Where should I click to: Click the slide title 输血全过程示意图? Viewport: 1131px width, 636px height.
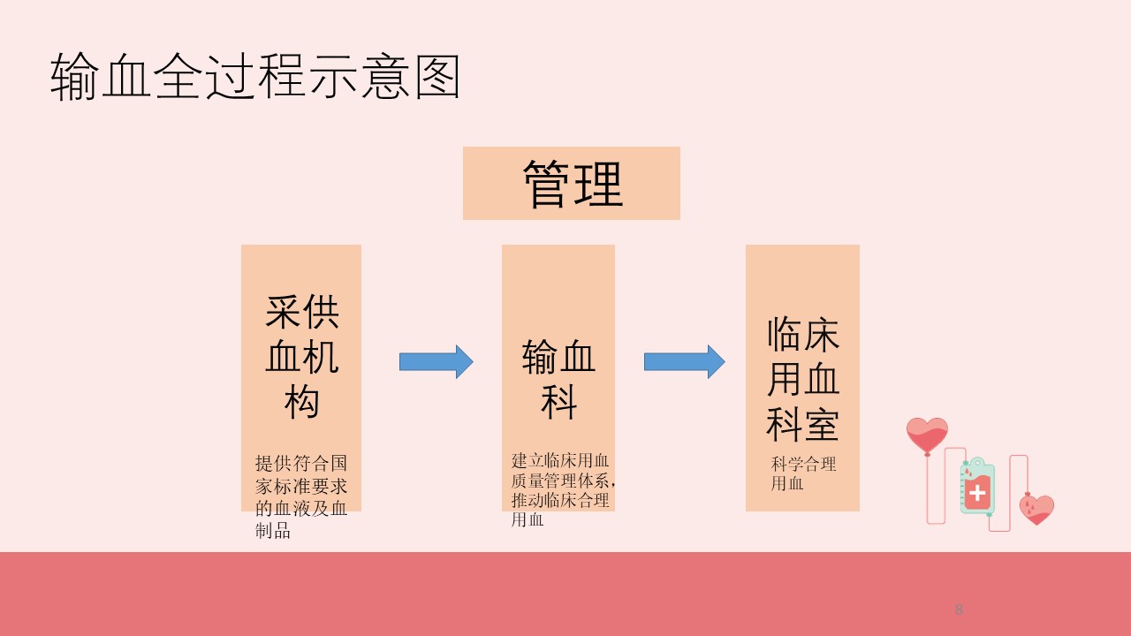tap(256, 77)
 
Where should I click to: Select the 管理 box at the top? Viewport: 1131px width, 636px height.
tap(571, 183)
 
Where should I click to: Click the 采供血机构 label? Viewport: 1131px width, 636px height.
tap(301, 357)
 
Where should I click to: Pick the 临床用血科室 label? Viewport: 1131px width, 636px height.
tap(802, 379)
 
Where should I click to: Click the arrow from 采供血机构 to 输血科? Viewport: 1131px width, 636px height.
tap(436, 361)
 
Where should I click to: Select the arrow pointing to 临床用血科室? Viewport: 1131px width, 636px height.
tap(684, 361)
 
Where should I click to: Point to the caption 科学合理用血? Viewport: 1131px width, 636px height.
tap(803, 473)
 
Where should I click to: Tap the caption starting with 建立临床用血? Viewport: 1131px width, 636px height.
tap(563, 489)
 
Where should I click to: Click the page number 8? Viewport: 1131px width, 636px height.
tap(959, 609)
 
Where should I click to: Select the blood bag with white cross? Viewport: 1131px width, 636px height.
tap(976, 487)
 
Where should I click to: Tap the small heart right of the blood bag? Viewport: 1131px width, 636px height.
tap(1036, 509)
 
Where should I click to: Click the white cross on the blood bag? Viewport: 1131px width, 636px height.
tap(976, 494)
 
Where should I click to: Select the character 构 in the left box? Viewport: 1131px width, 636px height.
tap(301, 402)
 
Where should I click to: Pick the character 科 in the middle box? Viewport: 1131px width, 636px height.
tap(558, 402)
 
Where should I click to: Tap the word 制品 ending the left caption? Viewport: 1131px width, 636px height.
tap(273, 531)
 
